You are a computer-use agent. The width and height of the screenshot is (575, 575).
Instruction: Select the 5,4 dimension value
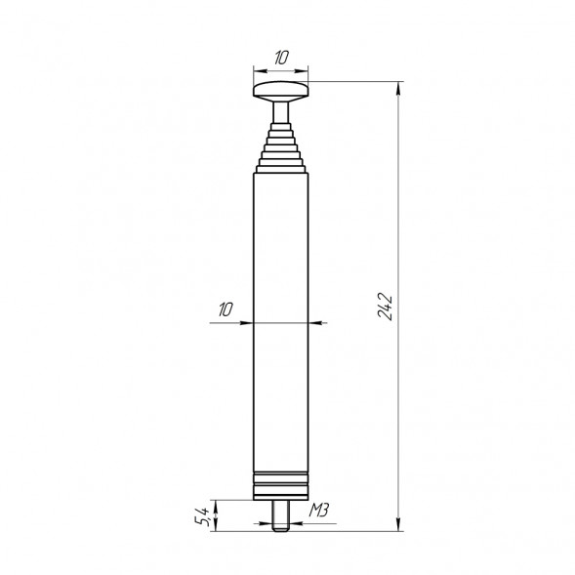tap(202, 514)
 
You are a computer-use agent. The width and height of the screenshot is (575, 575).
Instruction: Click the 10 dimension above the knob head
tap(281, 59)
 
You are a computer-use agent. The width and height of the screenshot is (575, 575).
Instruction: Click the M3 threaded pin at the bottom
tap(281, 513)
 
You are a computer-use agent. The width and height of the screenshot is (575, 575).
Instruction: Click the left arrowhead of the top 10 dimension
tap(257, 71)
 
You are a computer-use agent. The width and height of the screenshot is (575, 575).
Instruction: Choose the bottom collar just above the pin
tap(281, 494)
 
